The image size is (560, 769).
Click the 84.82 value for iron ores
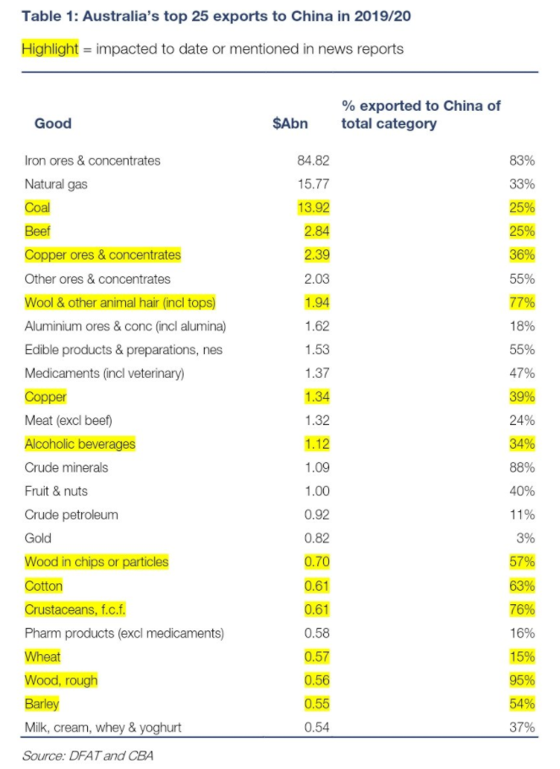tap(291, 161)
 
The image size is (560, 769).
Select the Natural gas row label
tap(56, 184)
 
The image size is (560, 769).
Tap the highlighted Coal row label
tap(37, 208)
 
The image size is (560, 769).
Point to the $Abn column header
tap(290, 123)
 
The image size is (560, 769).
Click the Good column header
tap(52, 123)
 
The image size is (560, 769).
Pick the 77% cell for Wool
tap(522, 303)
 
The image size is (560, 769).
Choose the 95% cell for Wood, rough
tap(522, 680)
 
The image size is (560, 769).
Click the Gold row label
tap(38, 538)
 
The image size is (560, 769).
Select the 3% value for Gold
tap(526, 538)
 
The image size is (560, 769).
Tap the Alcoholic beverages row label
tap(80, 444)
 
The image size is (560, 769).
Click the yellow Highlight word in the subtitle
tap(50, 48)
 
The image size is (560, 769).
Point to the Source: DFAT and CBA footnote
tap(87, 754)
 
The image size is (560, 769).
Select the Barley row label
tap(42, 704)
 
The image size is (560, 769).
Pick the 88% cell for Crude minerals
tap(522, 467)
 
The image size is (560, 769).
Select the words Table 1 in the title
tap(47, 14)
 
